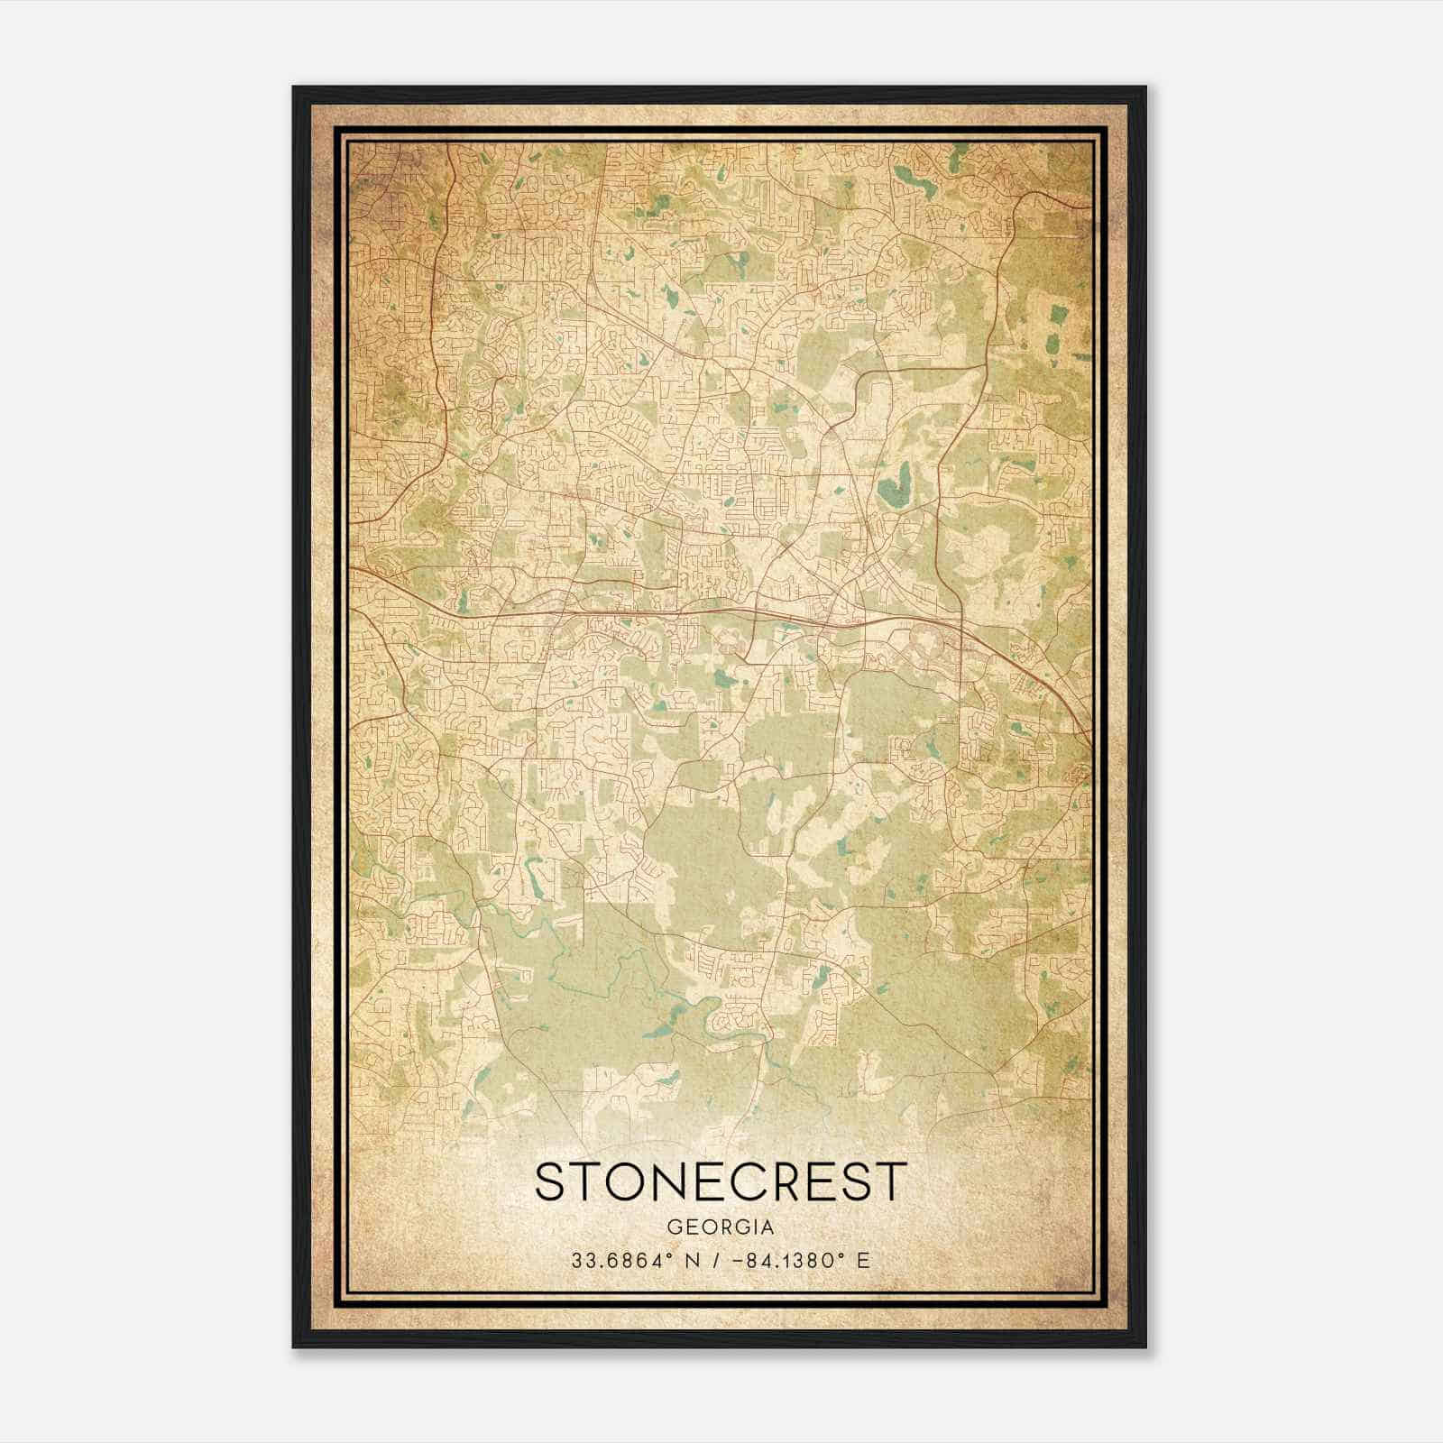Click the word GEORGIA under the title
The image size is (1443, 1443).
click(x=721, y=1227)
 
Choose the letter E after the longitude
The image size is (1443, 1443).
click(x=864, y=1260)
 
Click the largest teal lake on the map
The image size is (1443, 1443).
click(x=896, y=487)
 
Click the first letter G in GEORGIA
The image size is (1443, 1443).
click(x=674, y=1227)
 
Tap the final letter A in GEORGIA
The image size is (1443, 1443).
click(x=767, y=1227)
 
